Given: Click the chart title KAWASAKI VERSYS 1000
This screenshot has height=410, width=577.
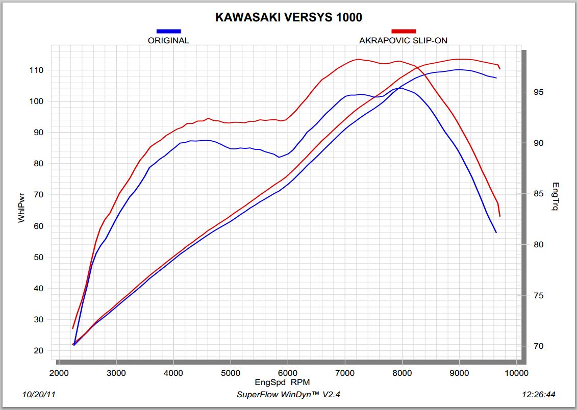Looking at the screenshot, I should [x=288, y=17].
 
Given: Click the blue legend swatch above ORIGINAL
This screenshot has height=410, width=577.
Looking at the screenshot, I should [x=168, y=32].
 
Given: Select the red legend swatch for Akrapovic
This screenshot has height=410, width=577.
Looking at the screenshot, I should [x=404, y=32].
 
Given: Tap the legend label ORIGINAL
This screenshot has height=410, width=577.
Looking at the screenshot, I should [x=168, y=41].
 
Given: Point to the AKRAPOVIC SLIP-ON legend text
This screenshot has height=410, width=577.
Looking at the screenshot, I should [x=404, y=41].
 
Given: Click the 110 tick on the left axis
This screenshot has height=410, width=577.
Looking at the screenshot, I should [x=38, y=70].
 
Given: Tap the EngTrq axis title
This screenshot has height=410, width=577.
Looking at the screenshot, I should [x=556, y=196].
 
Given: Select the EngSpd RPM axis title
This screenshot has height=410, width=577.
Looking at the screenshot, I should [x=282, y=381].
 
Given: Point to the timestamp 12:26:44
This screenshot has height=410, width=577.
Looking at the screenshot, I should [x=539, y=395].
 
